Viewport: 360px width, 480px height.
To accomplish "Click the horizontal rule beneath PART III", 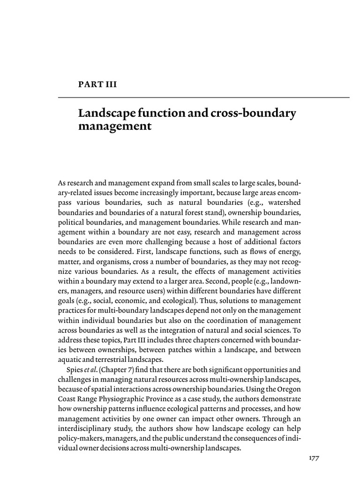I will tap(203, 97).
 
